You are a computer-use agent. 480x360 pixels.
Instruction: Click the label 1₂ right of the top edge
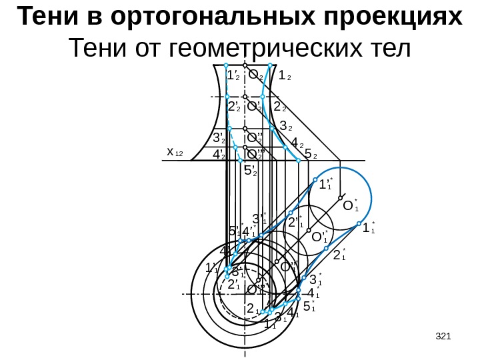pos(285,77)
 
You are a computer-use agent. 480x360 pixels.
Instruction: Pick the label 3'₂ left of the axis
pos(219,139)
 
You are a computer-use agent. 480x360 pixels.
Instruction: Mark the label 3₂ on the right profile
pos(285,126)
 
